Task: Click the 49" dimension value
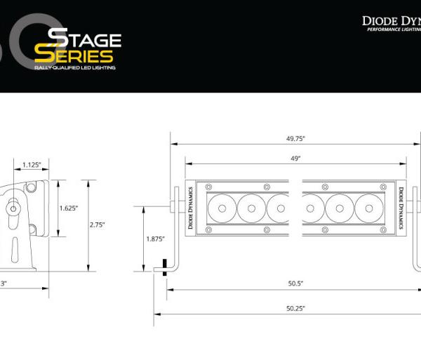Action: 296,159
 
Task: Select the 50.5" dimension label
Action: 295,284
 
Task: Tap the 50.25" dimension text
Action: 295,308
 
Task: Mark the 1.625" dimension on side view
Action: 67,208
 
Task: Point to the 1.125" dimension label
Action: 30,165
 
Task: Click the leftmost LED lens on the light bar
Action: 222,208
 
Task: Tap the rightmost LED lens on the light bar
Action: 368,208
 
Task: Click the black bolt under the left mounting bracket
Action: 164,267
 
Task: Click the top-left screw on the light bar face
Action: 208,187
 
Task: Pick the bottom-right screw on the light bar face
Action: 384,229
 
